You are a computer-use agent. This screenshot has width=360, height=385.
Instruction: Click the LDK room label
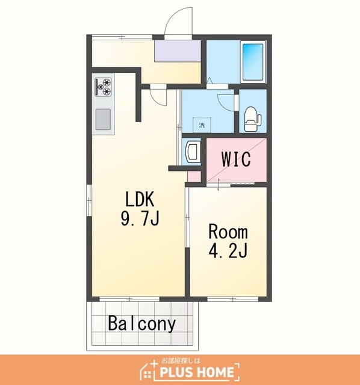click(140, 199)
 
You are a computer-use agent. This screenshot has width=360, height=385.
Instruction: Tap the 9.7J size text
click(140, 218)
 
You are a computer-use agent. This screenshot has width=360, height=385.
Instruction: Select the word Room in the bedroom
click(228, 232)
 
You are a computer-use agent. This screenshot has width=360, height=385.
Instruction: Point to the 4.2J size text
click(228, 250)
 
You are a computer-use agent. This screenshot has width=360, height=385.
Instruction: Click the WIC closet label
click(236, 159)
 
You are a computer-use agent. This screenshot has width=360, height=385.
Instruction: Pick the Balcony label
click(142, 324)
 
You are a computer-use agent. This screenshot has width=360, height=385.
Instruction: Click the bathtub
click(253, 62)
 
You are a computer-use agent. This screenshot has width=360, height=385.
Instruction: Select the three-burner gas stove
click(103, 87)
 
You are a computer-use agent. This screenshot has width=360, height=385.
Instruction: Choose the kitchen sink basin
click(103, 119)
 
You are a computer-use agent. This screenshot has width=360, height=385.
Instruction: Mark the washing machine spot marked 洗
click(202, 125)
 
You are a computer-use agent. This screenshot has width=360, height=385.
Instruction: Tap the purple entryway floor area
click(178, 51)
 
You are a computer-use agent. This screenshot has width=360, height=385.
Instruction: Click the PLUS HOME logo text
click(197, 372)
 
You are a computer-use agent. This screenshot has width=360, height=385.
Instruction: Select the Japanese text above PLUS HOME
click(181, 361)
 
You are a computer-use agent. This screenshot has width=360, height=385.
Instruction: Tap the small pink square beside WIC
click(194, 176)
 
